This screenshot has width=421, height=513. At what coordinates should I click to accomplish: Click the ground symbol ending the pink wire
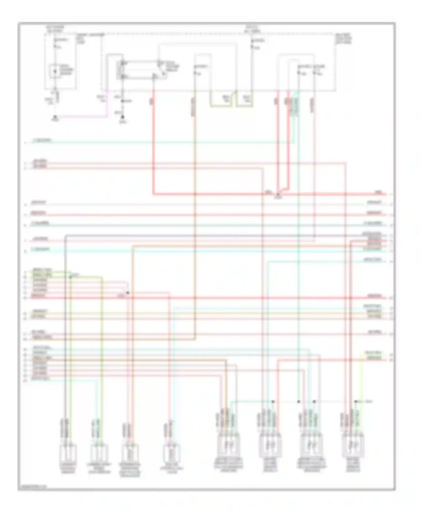pyautogui.click(x=56, y=118)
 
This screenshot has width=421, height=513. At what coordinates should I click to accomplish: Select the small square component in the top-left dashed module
pyautogui.click(x=55, y=71)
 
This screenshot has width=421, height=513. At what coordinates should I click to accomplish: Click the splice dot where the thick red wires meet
pyautogui.click(x=278, y=194)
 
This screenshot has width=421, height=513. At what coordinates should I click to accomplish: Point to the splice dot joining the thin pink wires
pyautogui.click(x=128, y=293)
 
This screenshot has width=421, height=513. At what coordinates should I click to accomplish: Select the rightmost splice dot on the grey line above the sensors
pyautogui.click(x=356, y=402)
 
